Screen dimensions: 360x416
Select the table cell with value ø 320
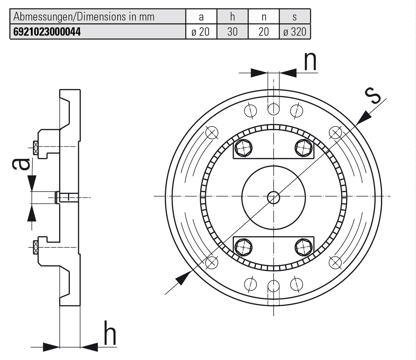click(x=295, y=32)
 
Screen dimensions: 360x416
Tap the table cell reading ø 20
click(x=201, y=32)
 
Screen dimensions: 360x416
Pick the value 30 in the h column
click(x=232, y=32)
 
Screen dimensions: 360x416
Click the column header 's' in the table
click(x=295, y=17)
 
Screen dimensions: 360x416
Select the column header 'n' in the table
click(x=264, y=17)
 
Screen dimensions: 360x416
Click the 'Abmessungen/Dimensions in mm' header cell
click(x=84, y=17)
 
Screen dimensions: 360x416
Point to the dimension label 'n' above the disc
click(x=310, y=61)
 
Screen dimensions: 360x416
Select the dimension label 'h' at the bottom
click(x=110, y=333)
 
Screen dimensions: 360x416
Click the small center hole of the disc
click(x=274, y=197)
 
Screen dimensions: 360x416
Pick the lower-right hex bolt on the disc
click(x=304, y=247)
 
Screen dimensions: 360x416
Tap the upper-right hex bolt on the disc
click(x=304, y=148)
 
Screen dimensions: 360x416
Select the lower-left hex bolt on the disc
click(x=243, y=247)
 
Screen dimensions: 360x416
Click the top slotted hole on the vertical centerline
click(x=274, y=109)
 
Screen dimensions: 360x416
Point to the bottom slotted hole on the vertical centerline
click(x=274, y=286)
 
